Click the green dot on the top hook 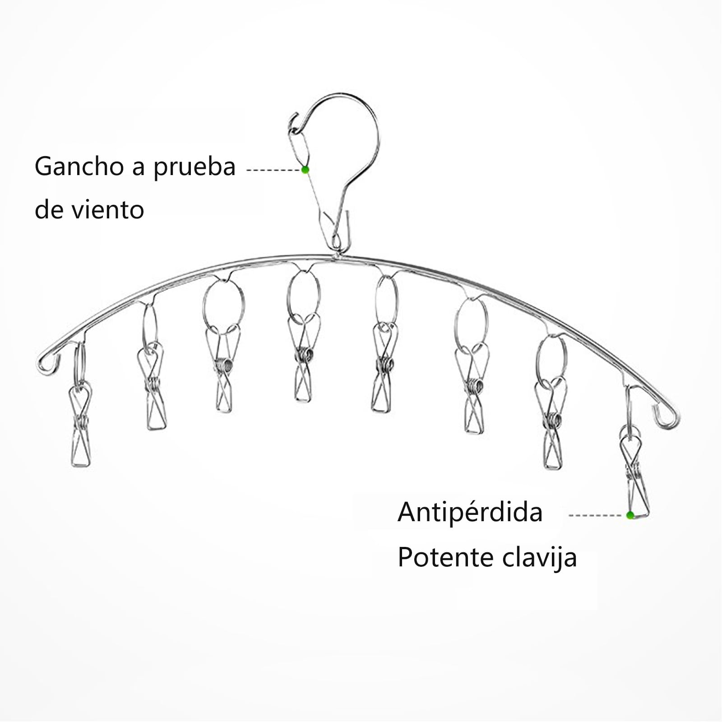(305, 170)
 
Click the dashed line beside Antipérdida (597, 515)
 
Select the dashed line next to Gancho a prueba (273, 170)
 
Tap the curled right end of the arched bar (667, 417)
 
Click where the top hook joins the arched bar (337, 255)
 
